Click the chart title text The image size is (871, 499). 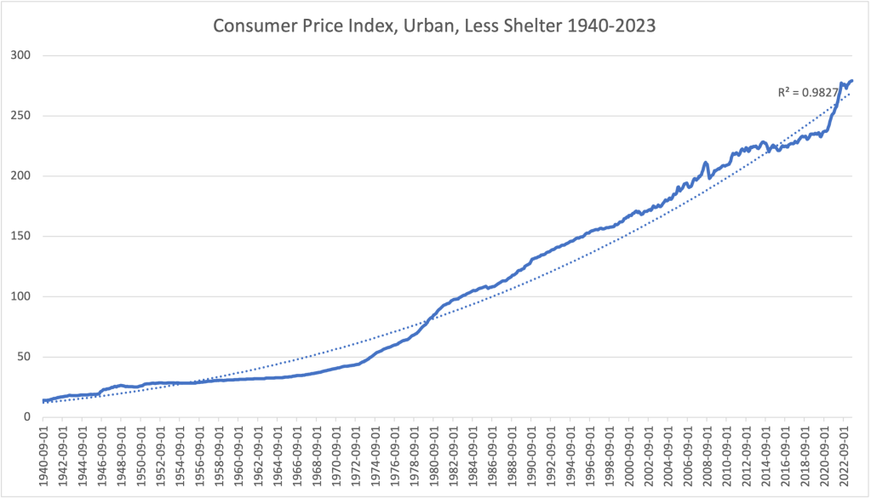pyautogui.click(x=434, y=26)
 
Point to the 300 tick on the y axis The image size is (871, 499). pyautogui.click(x=21, y=56)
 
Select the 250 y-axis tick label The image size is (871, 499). pyautogui.click(x=21, y=117)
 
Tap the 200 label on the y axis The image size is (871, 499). pyautogui.click(x=21, y=176)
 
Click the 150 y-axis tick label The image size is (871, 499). pyautogui.click(x=21, y=237)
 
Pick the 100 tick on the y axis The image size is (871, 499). pyautogui.click(x=21, y=297)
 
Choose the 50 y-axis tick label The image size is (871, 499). pyautogui.click(x=25, y=358)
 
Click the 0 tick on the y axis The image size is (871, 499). pyautogui.click(x=28, y=417)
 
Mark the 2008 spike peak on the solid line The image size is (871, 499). pyautogui.click(x=705, y=163)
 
